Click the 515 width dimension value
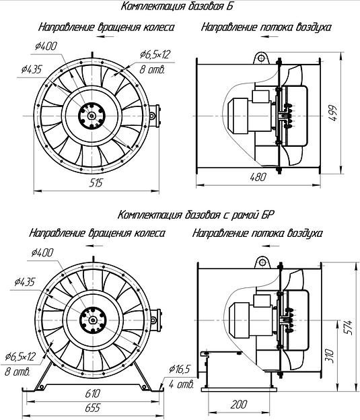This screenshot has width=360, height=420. click(x=96, y=183)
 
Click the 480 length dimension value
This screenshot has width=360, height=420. click(x=258, y=177)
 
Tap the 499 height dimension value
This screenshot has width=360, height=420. click(x=332, y=113)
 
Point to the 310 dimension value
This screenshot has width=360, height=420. click(x=330, y=355)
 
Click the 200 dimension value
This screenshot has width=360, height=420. click(x=239, y=405)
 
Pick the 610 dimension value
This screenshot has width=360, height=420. click(x=93, y=394)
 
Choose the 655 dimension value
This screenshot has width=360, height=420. click(x=93, y=408)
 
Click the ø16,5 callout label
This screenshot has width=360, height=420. click(x=179, y=369)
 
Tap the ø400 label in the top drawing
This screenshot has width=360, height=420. click(x=46, y=46)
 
